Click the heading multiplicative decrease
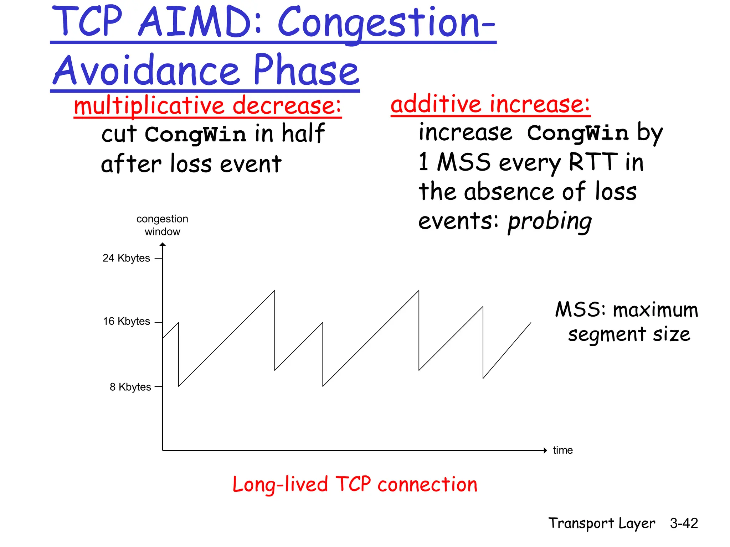pos(207,106)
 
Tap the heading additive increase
pos(490,104)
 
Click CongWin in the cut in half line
pos(195,135)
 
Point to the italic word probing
pos(550,222)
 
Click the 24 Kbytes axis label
pos(126,258)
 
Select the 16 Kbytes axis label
pos(126,322)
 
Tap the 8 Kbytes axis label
pos(130,387)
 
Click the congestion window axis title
pos(162,225)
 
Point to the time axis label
pos(562,450)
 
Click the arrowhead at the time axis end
pos(545,450)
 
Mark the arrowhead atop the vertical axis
pos(163,244)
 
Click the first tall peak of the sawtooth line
pos(274,291)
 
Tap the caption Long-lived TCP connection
pos(355,485)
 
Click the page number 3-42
pos(684,523)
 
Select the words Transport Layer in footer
pos(602,523)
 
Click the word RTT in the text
pos(593,162)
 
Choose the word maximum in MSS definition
pos(655,310)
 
